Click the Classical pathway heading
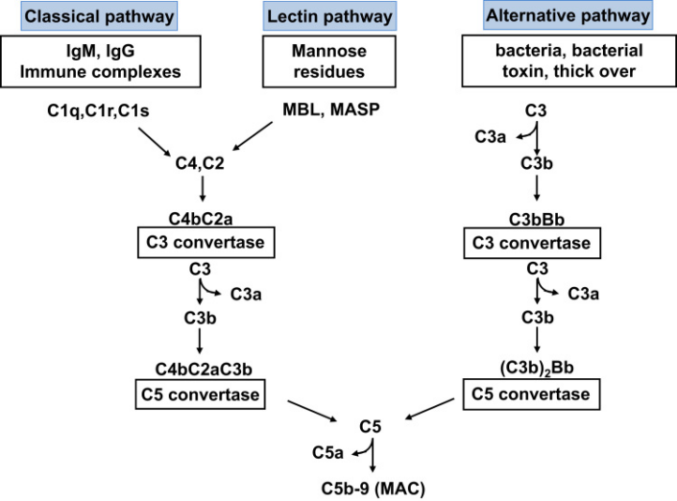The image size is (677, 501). pyautogui.click(x=98, y=16)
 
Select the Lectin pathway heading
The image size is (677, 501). pyautogui.click(x=329, y=16)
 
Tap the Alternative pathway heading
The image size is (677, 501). pyautogui.click(x=568, y=15)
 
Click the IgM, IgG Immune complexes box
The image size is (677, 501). pyautogui.click(x=100, y=61)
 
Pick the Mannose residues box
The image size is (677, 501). pyautogui.click(x=329, y=61)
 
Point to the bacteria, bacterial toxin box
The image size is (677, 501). pyautogui.click(x=569, y=61)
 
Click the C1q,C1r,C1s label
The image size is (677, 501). pyautogui.click(x=98, y=111)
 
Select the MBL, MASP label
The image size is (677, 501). pyautogui.click(x=331, y=109)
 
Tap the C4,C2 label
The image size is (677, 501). pyautogui.click(x=200, y=163)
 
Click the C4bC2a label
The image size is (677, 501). pyautogui.click(x=201, y=219)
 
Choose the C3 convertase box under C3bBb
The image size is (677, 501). pyautogui.click(x=532, y=243)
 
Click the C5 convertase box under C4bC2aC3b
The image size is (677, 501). pyautogui.click(x=201, y=394)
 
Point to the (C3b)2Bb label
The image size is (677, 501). pyautogui.click(x=536, y=368)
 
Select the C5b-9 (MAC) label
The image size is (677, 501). pyautogui.click(x=373, y=489)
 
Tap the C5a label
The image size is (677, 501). pyautogui.click(x=327, y=452)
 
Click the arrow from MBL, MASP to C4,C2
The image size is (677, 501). pyautogui.click(x=252, y=136)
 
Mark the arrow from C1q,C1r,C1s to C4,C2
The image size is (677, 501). pyautogui.click(x=155, y=142)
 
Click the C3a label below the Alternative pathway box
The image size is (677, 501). pyautogui.click(x=490, y=136)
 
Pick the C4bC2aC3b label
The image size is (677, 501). pyautogui.click(x=203, y=370)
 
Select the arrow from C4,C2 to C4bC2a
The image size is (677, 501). pyautogui.click(x=202, y=189)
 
